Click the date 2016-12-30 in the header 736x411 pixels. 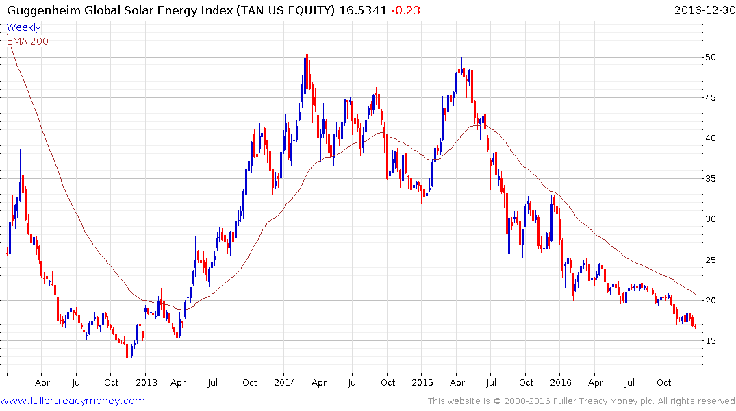703,10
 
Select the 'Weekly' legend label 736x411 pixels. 23,27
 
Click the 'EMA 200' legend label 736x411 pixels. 27,40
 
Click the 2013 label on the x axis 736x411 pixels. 146,382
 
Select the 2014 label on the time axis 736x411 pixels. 284,382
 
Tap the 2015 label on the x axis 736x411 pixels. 422,382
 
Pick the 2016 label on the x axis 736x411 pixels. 561,382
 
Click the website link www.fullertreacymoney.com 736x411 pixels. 73,401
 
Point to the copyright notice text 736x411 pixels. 581,401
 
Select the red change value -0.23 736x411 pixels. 407,10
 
